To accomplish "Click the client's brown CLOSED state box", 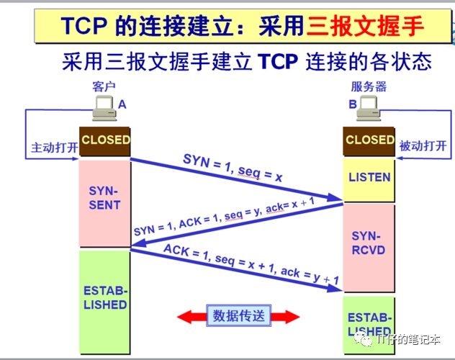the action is click(x=105, y=141).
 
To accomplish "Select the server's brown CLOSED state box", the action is click(x=369, y=142).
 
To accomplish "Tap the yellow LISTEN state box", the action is click(x=369, y=180).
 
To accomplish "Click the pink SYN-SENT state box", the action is click(x=105, y=204).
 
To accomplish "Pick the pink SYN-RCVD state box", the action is click(x=369, y=248).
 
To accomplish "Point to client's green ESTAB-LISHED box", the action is click(x=105, y=302).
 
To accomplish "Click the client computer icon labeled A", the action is click(x=105, y=108).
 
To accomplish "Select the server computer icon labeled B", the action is click(x=369, y=108).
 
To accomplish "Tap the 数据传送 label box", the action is click(x=239, y=315).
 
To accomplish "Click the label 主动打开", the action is click(x=55, y=148).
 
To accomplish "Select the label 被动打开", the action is click(x=423, y=145).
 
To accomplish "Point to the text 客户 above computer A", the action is click(x=104, y=86).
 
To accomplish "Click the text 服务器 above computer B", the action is click(x=369, y=86).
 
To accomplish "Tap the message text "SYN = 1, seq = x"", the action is click(x=233, y=168).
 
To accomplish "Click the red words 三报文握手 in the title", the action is click(x=365, y=26).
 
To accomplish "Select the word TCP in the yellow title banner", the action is click(x=84, y=26).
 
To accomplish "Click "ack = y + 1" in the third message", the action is click(x=310, y=276).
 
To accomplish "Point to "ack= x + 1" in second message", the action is click(x=290, y=204).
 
